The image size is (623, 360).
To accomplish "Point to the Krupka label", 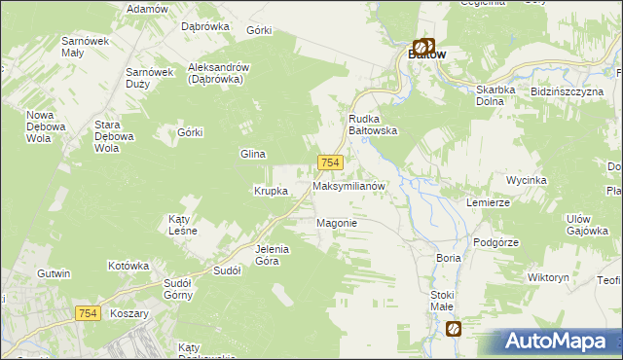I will click(271, 191).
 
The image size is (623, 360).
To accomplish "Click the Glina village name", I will click(253, 154).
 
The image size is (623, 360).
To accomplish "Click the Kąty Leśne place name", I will click(183, 225).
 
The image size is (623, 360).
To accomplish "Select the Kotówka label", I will click(128, 265).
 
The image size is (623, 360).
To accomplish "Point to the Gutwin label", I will click(54, 273).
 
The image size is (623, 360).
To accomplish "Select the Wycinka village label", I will click(527, 180).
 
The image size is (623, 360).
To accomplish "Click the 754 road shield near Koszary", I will click(89, 311).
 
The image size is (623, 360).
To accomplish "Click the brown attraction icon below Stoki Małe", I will click(454, 330).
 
